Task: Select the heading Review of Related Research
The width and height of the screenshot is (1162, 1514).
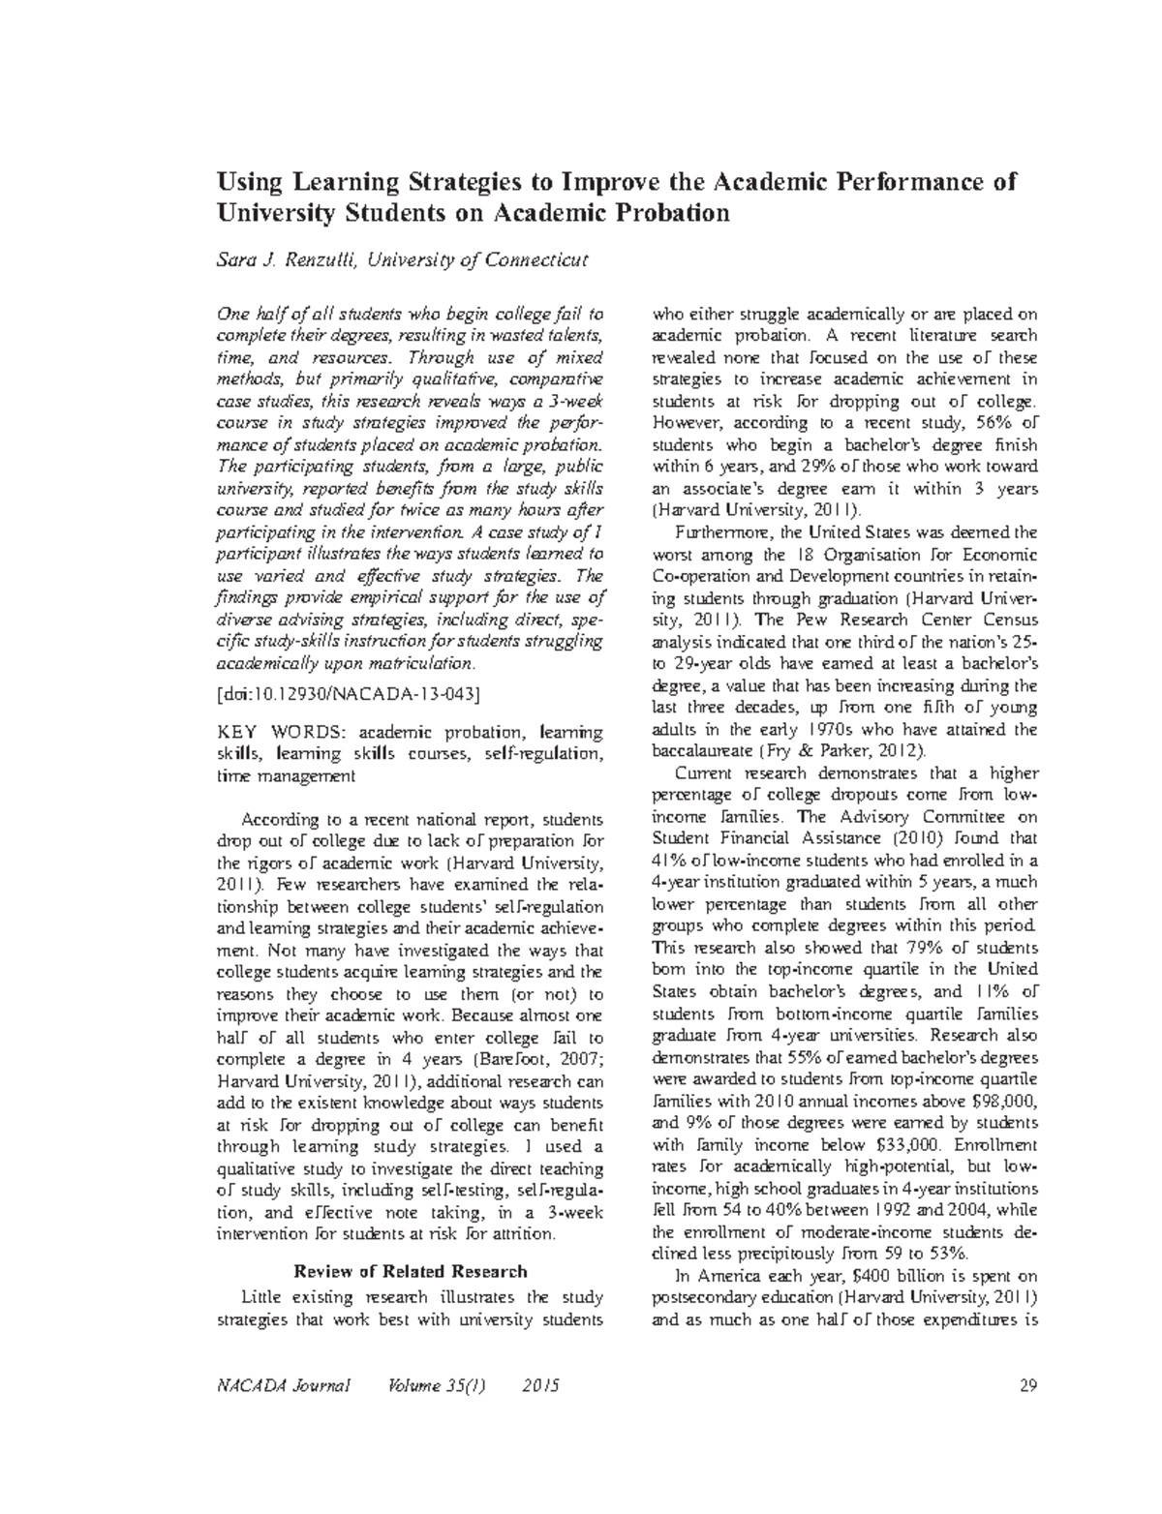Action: [411, 1271]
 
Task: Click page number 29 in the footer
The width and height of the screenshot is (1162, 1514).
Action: [1028, 1386]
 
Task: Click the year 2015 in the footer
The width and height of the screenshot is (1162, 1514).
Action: [539, 1386]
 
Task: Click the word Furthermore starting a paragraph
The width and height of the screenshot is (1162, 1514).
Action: [719, 531]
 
